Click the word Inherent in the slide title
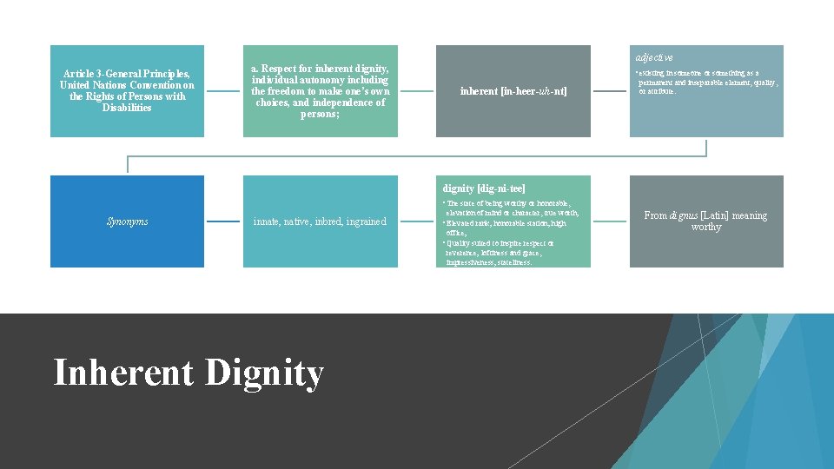124,373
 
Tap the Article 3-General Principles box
127,91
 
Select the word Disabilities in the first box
127,108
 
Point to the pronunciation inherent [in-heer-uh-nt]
513,91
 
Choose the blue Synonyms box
127,221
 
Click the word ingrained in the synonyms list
366,221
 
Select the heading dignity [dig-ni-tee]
484,188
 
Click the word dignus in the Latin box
681,215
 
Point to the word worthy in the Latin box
706,228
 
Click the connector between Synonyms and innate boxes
223,221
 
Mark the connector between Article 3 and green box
223,91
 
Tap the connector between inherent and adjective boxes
610,91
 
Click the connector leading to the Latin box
610,221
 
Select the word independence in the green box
345,102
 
